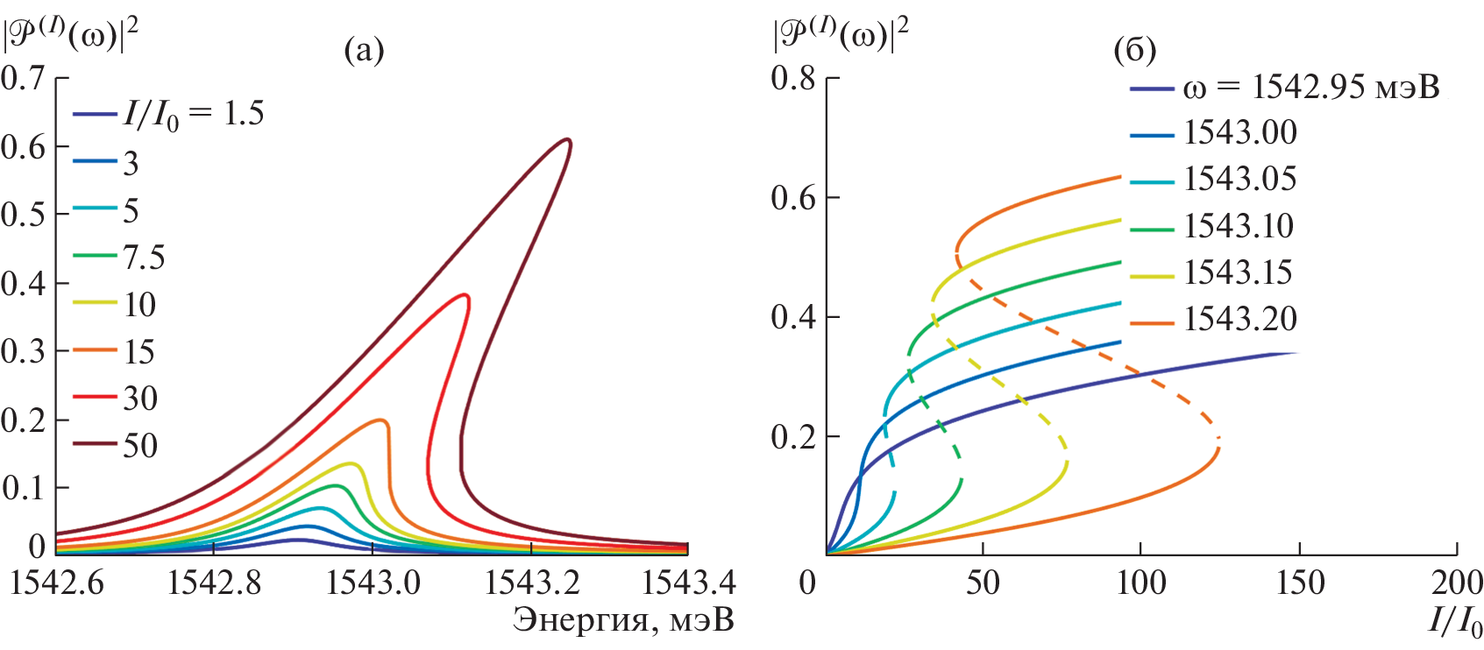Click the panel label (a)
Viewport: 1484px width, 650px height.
[x=364, y=51]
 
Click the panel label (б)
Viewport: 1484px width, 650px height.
[x=1134, y=51]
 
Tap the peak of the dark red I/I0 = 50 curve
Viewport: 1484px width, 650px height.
[x=567, y=139]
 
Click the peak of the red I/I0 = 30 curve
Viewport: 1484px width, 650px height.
[x=465, y=295]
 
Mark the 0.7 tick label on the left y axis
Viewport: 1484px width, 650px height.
[x=24, y=78]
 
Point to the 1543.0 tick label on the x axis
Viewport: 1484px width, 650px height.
[x=373, y=583]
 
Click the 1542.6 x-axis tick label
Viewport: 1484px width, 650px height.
[x=56, y=583]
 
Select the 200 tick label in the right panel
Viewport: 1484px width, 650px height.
[x=1456, y=583]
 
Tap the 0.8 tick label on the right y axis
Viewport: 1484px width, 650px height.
[x=793, y=78]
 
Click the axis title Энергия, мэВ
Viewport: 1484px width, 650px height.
[x=623, y=620]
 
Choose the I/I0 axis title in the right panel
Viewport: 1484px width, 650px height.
[x=1454, y=622]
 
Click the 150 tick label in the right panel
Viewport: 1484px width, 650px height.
[x=1298, y=583]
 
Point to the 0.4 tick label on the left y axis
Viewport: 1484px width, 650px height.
[x=24, y=283]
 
